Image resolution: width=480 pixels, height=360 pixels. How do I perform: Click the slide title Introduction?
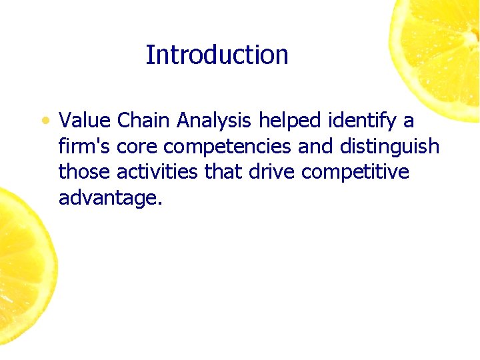[217, 55]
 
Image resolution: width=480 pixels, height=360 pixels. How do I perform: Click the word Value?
[85, 121]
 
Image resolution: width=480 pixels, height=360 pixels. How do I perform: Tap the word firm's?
[85, 146]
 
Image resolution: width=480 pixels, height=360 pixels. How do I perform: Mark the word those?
[85, 172]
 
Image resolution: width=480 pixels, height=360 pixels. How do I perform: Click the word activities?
[157, 172]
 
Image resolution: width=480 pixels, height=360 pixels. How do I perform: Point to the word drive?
[273, 172]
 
